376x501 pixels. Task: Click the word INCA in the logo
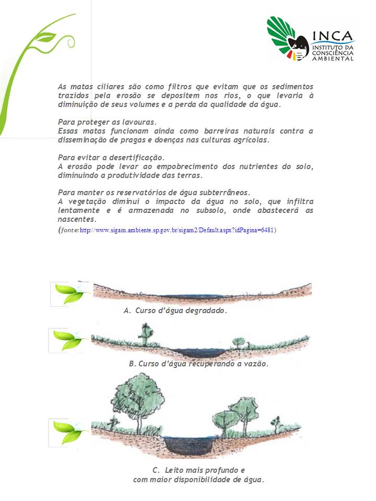pos(333,36)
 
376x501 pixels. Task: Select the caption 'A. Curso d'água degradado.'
pos(175,311)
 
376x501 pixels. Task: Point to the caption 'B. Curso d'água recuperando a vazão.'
pos(198,364)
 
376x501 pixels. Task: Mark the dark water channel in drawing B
pos(199,352)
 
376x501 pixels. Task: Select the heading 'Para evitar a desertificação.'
pos(111,157)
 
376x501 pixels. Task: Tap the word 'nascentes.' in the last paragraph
pos(77,219)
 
